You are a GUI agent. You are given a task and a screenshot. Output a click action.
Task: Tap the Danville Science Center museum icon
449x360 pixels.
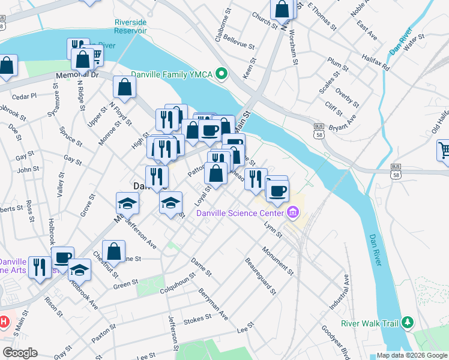[293, 212]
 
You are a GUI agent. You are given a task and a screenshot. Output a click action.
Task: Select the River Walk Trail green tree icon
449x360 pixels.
[408, 323]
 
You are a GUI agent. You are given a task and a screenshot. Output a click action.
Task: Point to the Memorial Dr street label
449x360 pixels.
[77, 75]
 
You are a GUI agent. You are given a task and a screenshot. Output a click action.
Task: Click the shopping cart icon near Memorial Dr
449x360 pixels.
[94, 56]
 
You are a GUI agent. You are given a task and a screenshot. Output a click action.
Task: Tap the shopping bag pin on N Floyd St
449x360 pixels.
[124, 88]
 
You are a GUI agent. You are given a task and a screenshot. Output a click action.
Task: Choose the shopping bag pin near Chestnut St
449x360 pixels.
[114, 251]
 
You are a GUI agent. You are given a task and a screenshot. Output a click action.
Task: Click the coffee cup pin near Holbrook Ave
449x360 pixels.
[62, 258]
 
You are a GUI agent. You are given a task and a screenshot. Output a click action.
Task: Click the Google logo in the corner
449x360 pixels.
[20, 353]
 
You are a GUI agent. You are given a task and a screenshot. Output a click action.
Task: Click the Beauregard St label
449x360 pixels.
[261, 276]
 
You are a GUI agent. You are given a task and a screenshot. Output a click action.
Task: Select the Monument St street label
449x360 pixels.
[277, 260]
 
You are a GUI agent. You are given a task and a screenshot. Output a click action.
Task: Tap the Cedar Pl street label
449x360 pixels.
[24, 95]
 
